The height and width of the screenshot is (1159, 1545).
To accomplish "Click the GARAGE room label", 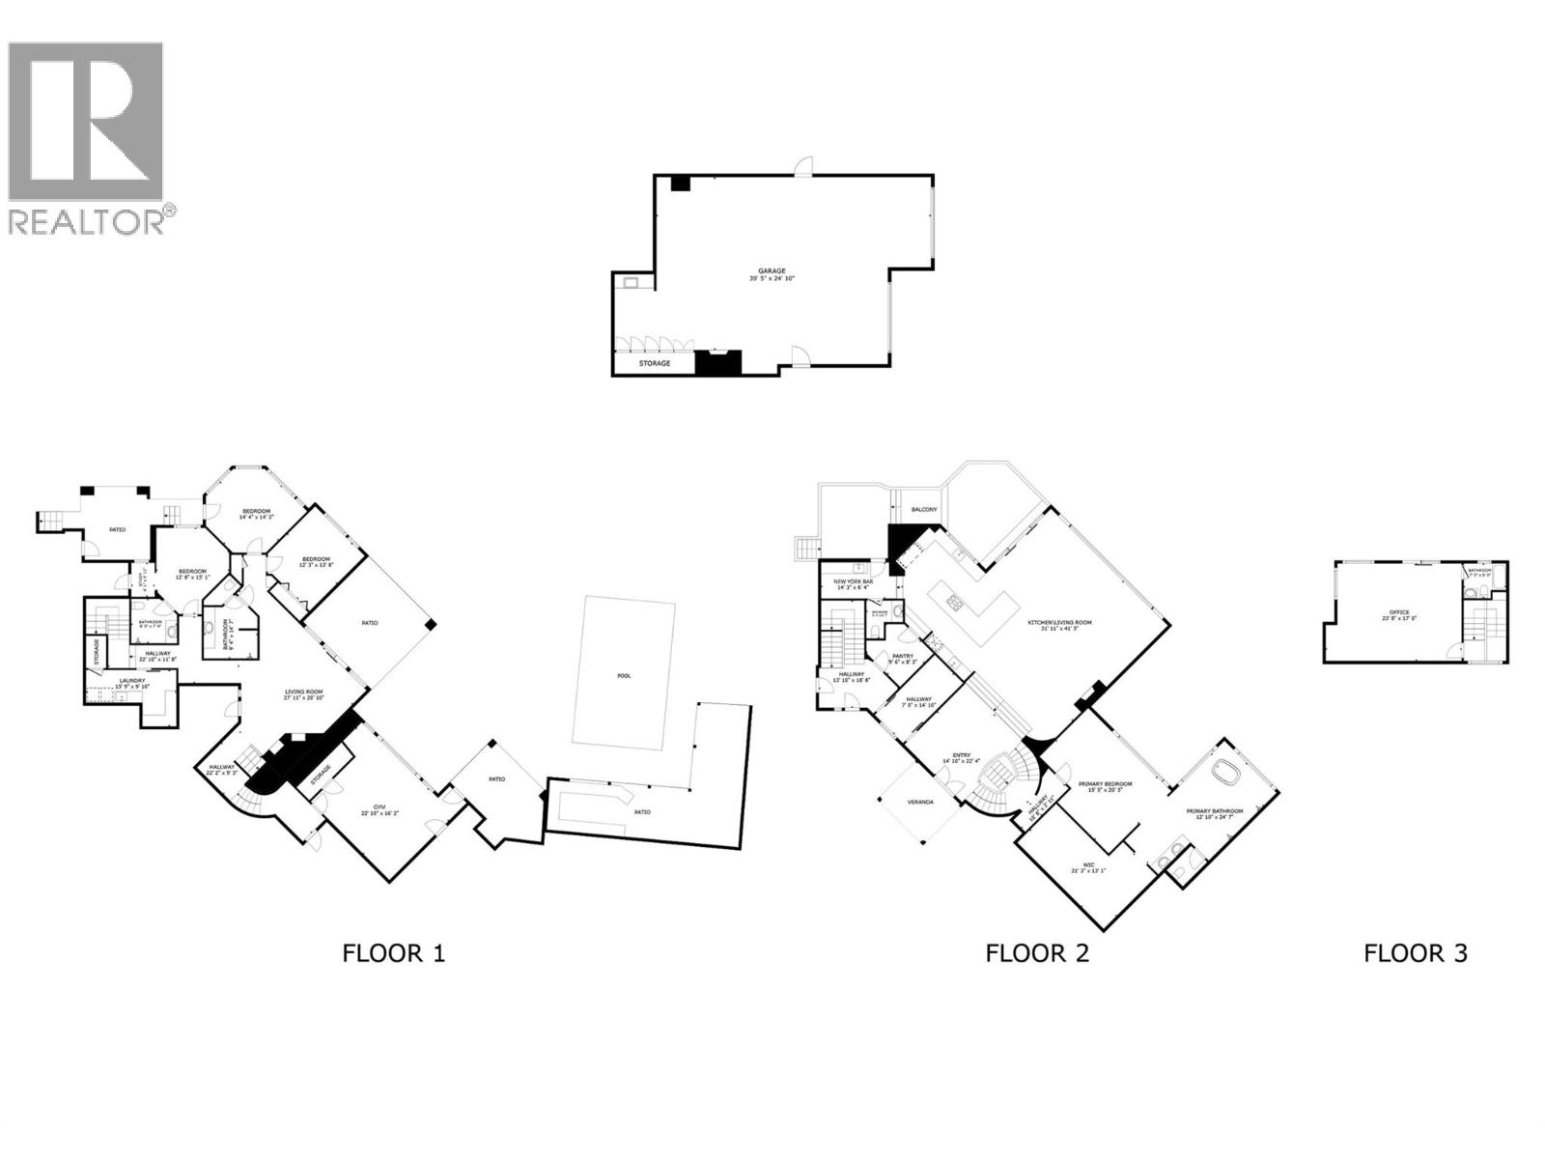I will coord(771,270).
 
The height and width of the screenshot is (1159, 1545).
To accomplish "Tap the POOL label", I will coord(624,675).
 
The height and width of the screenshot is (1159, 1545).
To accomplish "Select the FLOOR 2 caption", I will coord(1036,953).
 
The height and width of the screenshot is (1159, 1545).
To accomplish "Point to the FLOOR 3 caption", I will coord(1415,953).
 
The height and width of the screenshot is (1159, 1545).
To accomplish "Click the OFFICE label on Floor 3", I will coord(1399,612).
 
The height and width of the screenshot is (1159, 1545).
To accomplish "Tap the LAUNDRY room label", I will coord(132,681).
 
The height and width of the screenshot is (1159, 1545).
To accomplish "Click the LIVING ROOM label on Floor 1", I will coord(303,692).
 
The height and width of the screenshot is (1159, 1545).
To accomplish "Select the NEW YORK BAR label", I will coord(854,581).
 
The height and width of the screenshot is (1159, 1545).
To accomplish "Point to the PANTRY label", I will coord(903,656).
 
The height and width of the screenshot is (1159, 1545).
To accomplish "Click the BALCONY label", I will coord(923,509).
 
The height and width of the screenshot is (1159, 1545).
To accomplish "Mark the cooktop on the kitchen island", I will coord(955,604).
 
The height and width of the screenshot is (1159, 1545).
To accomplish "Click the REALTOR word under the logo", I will coord(87,221).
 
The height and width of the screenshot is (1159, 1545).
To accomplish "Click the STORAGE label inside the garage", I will coord(655,363).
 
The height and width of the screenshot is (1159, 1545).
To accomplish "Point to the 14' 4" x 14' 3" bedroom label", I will coord(256,511).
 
